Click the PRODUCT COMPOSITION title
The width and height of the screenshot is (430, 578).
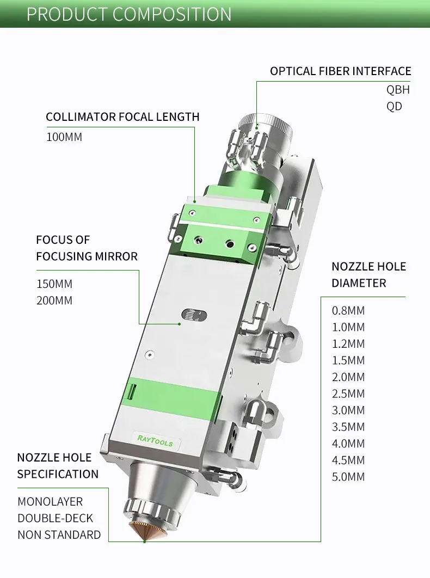pos(129,14)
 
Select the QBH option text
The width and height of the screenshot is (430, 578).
pos(398,90)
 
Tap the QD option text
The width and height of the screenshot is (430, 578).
pos(394,106)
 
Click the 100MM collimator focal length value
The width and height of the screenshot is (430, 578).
pos(64,137)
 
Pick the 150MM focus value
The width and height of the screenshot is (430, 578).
pos(54,284)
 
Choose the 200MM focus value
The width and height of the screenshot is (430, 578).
pos(54,300)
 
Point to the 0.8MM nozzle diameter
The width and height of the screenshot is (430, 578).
pos(348,311)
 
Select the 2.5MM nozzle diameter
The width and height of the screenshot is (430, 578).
pos(348,393)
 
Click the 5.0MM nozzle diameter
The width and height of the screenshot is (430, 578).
pos(348,477)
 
